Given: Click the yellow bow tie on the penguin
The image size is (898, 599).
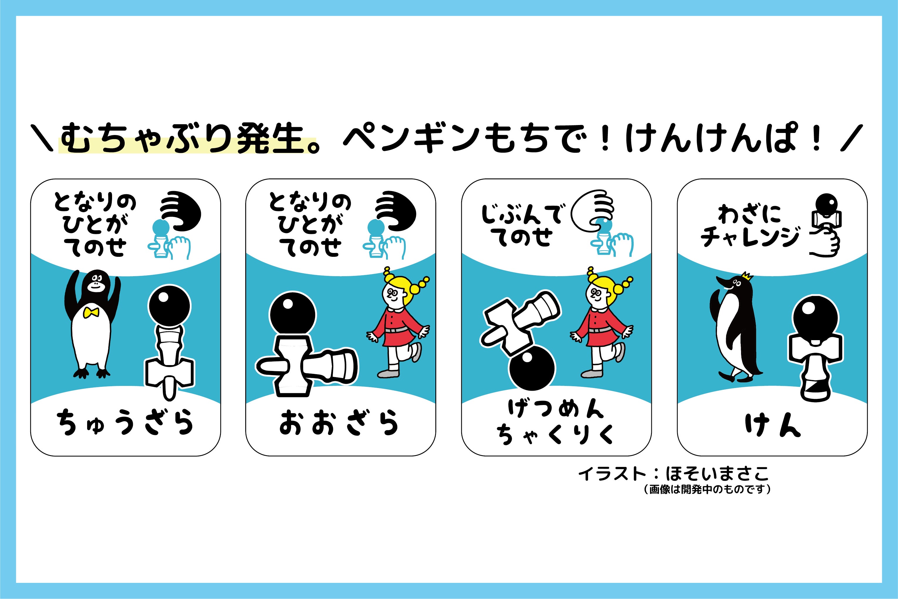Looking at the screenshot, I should pos(91,313).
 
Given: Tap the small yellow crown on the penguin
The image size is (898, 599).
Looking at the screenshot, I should pos(747,275).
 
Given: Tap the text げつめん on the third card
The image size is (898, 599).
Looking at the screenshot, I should pos(556,408).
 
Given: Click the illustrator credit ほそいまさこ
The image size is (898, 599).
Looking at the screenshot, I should pos(717,474).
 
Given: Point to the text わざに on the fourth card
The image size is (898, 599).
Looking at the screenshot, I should pos(749,214).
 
